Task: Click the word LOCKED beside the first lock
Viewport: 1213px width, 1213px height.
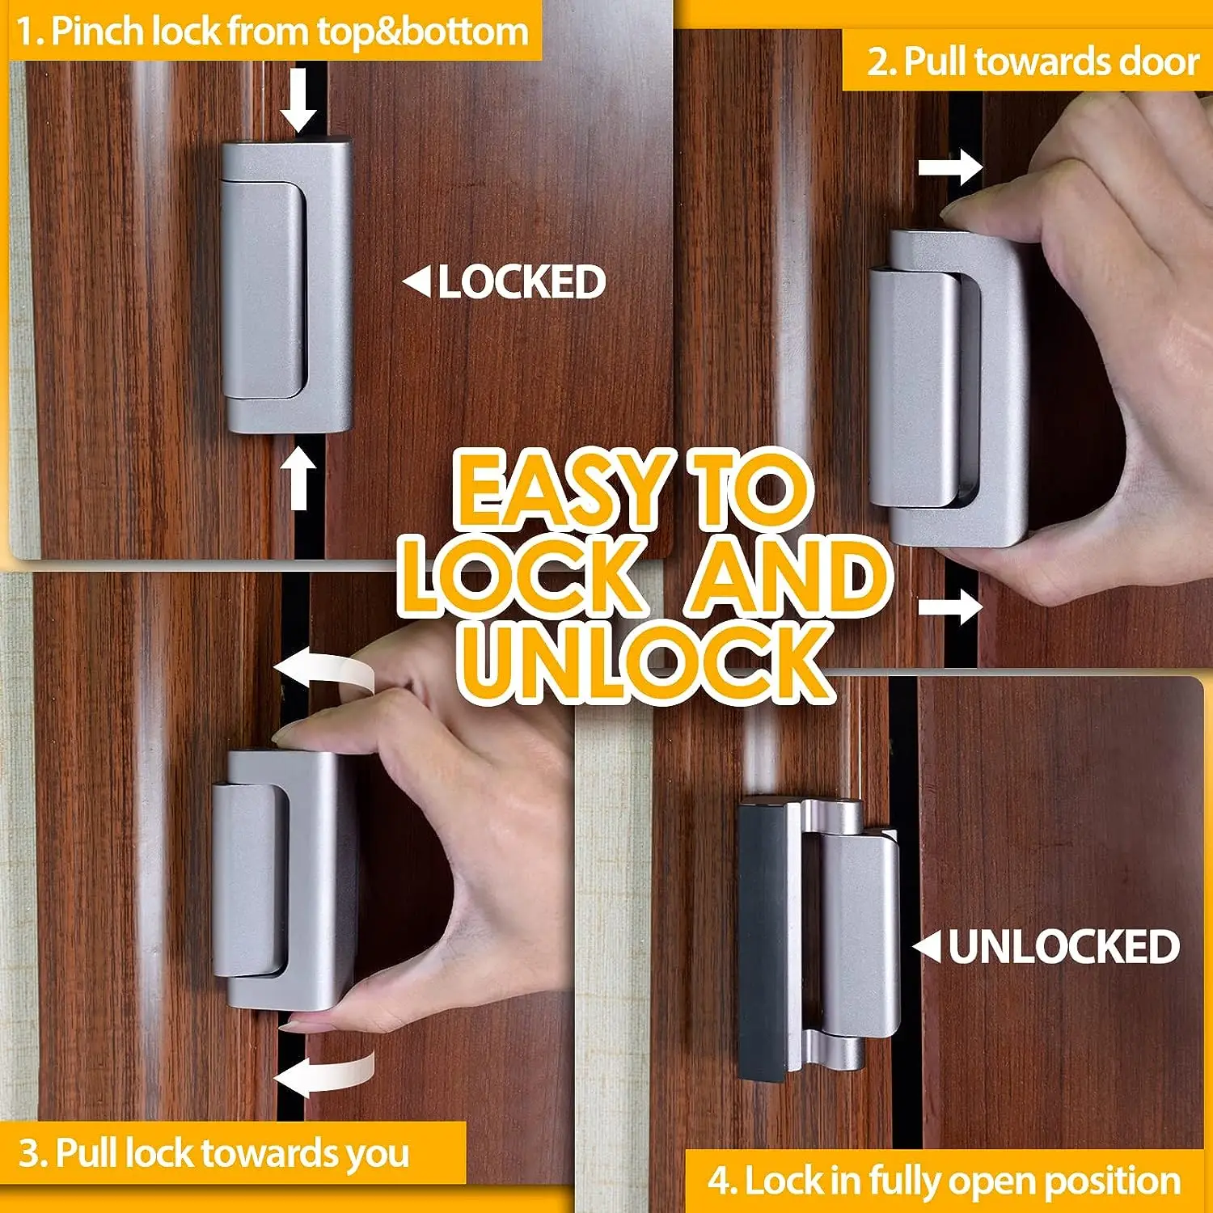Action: click(522, 282)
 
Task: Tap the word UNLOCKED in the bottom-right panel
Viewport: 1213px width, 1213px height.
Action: click(1063, 947)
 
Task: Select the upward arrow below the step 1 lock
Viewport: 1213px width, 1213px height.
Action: click(298, 478)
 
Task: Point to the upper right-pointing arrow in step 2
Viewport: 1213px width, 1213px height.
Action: click(950, 169)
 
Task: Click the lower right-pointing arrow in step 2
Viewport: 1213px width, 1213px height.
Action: click(950, 606)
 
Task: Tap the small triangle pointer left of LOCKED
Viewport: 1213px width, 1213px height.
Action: click(417, 282)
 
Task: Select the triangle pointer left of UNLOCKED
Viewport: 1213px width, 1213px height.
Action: click(928, 947)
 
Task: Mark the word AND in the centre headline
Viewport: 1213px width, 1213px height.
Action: click(788, 576)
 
